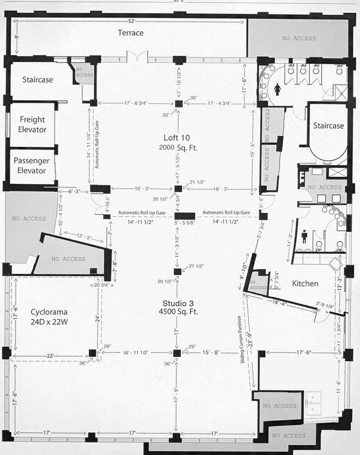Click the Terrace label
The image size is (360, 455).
click(x=131, y=33)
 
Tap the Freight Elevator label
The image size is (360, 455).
click(x=32, y=124)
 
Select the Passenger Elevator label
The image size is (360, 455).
click(x=31, y=165)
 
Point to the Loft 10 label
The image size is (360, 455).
click(x=176, y=138)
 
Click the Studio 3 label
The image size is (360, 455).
click(x=178, y=303)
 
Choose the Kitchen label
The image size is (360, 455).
click(x=305, y=283)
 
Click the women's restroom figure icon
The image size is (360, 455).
click(x=277, y=90)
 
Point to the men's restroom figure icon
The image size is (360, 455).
click(x=304, y=238)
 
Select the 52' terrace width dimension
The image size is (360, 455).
click(x=131, y=21)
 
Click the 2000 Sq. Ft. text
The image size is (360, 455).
click(x=178, y=148)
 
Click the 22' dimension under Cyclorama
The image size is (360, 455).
click(x=50, y=356)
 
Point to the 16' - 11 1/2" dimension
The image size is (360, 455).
click(x=135, y=353)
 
